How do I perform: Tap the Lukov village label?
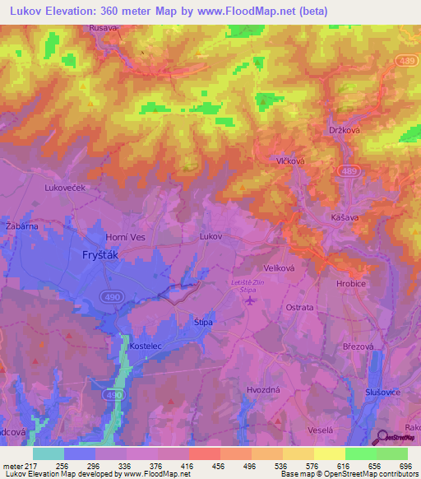coord(211,236)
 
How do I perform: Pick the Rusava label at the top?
coord(104,27)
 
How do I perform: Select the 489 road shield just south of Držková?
coord(345,169)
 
